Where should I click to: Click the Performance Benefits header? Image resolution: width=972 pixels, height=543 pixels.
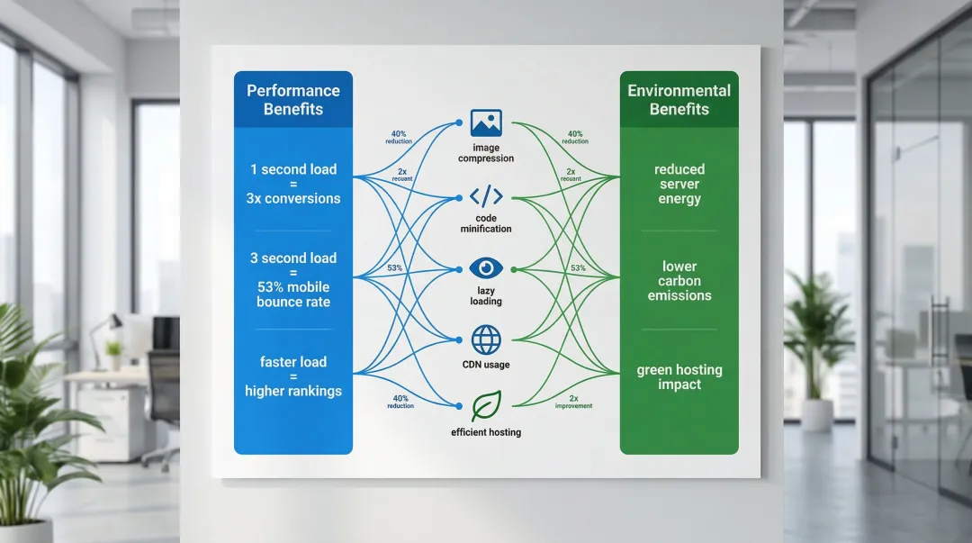point(293,100)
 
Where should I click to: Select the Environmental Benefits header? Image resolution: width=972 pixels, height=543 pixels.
point(679,100)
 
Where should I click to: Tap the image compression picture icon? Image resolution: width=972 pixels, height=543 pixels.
point(486,123)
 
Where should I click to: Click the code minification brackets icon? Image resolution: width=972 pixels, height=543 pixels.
point(486,195)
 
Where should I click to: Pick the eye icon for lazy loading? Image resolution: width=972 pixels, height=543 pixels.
point(486,267)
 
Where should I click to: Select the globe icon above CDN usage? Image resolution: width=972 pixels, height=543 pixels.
point(486,339)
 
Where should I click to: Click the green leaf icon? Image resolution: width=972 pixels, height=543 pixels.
point(486,406)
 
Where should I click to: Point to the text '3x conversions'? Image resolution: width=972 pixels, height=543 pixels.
point(293,198)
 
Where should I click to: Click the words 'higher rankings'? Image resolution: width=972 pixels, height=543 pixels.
point(293,391)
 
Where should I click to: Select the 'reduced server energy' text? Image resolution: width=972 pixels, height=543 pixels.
point(679,184)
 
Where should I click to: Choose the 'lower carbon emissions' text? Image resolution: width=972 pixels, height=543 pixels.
point(679,281)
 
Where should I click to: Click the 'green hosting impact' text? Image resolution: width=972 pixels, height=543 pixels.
point(679,377)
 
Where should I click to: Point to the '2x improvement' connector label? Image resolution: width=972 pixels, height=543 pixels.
point(574,402)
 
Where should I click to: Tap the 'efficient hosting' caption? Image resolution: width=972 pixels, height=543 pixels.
point(486,432)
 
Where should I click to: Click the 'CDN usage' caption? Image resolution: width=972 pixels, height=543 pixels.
point(486,365)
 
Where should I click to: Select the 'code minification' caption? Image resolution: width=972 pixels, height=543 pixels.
point(486,223)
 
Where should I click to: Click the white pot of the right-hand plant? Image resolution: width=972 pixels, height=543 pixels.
point(816,415)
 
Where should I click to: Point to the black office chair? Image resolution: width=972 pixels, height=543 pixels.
point(163,396)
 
